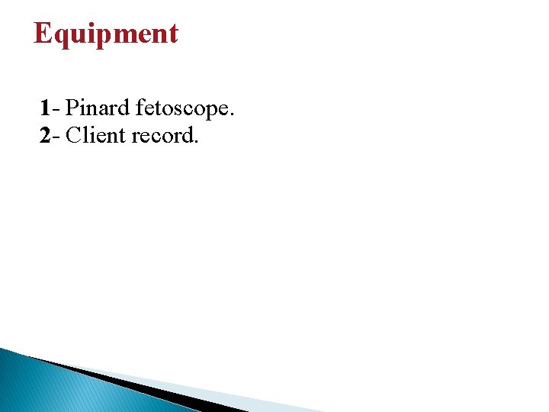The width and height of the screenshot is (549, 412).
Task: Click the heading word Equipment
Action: coord(106,34)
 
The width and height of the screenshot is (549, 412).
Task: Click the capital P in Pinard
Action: coord(72,108)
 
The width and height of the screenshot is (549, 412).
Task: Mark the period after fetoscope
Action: coord(232,116)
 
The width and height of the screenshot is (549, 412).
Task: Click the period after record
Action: coord(197,143)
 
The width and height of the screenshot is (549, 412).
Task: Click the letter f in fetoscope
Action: coord(139,108)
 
